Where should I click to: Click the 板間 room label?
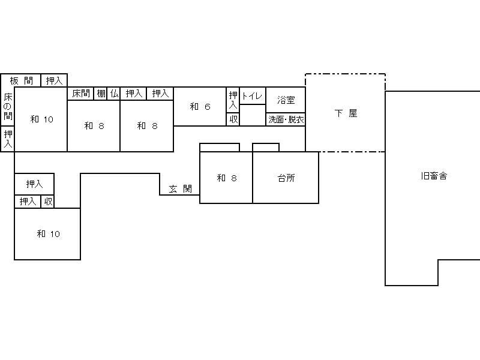tap(21, 81)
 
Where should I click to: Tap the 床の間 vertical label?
tap(8, 107)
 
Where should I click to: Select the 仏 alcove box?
tap(113, 94)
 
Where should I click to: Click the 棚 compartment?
tap(100, 94)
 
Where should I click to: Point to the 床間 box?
tap(80, 94)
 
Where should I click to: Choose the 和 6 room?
tap(200, 107)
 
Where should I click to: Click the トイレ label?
tap(252, 97)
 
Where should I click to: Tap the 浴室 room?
tap(286, 100)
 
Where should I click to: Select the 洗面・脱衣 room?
tap(286, 119)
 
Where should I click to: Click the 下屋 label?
tap(346, 113)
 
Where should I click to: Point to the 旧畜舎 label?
tap(434, 176)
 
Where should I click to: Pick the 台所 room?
tap(286, 178)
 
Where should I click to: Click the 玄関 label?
tap(181, 189)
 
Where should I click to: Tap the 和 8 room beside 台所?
tap(226, 178)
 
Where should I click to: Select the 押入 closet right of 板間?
tap(54, 80)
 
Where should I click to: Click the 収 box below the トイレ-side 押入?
tap(233, 119)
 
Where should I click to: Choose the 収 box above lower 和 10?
tap(48, 202)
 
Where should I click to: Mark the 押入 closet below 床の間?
tap(8, 139)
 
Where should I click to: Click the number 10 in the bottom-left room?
tap(55, 235)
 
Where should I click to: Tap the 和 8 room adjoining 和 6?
tap(147, 126)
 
